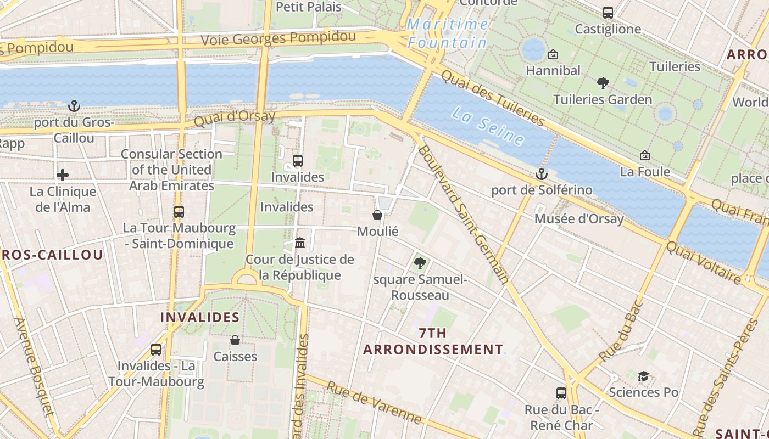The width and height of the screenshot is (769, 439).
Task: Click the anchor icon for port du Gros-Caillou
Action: [74, 105]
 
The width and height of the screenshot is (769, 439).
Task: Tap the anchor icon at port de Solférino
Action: [542, 174]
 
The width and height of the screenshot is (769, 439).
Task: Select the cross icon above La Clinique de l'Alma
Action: [63, 175]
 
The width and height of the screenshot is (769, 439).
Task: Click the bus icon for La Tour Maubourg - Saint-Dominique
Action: [179, 211]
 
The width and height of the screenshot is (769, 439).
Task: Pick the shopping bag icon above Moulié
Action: [377, 215]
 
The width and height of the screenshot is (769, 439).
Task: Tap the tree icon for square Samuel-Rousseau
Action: [420, 263]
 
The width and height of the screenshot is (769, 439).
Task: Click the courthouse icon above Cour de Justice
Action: [300, 243]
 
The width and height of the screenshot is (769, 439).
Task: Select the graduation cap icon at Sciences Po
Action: [643, 376]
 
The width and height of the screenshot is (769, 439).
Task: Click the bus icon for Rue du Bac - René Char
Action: [561, 393]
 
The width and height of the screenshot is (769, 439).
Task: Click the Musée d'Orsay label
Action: [579, 219]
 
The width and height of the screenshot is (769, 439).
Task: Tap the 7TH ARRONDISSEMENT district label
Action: [433, 341]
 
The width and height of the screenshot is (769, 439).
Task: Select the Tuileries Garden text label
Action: [603, 99]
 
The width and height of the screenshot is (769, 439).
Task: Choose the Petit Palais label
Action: [308, 7]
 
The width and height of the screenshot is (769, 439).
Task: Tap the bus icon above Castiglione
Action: [608, 12]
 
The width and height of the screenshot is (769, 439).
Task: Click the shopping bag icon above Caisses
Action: [235, 340]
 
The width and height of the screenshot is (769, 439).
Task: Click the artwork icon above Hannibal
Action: [553, 54]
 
